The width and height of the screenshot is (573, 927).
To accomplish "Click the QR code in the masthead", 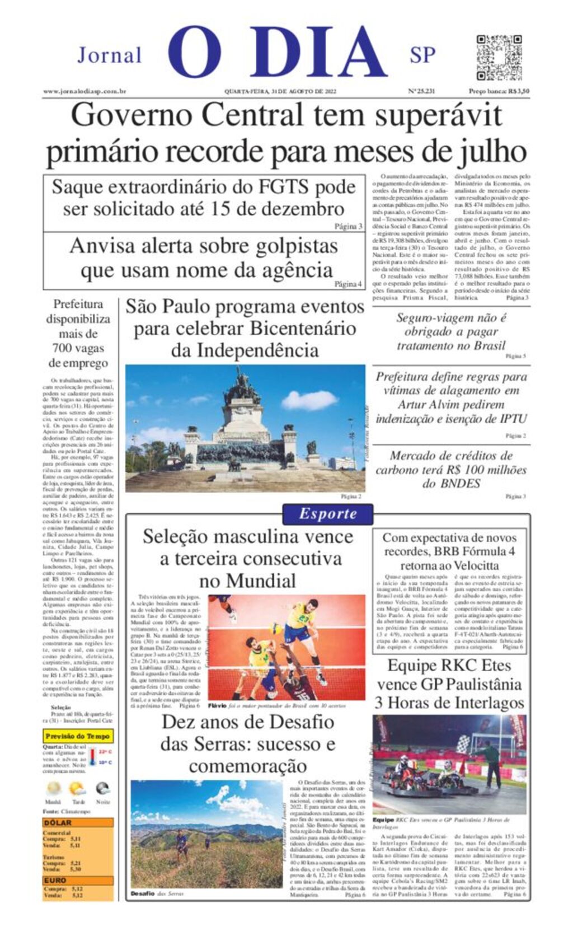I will pyautogui.click(x=499, y=58).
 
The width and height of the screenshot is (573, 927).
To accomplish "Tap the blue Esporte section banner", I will pyautogui.click(x=327, y=514).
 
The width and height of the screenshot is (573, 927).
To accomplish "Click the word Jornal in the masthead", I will pyautogui.click(x=110, y=55).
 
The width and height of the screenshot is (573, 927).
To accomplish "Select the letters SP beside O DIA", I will pyautogui.click(x=422, y=55).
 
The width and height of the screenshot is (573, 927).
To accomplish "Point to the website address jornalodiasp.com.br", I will pyautogui.click(x=84, y=91).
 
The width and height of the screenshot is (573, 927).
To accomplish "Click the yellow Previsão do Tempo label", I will pyautogui.click(x=78, y=736).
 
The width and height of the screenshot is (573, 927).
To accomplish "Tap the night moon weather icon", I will pyautogui.click(x=102, y=789).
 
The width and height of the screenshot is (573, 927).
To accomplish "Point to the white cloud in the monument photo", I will pyautogui.click(x=309, y=400).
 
